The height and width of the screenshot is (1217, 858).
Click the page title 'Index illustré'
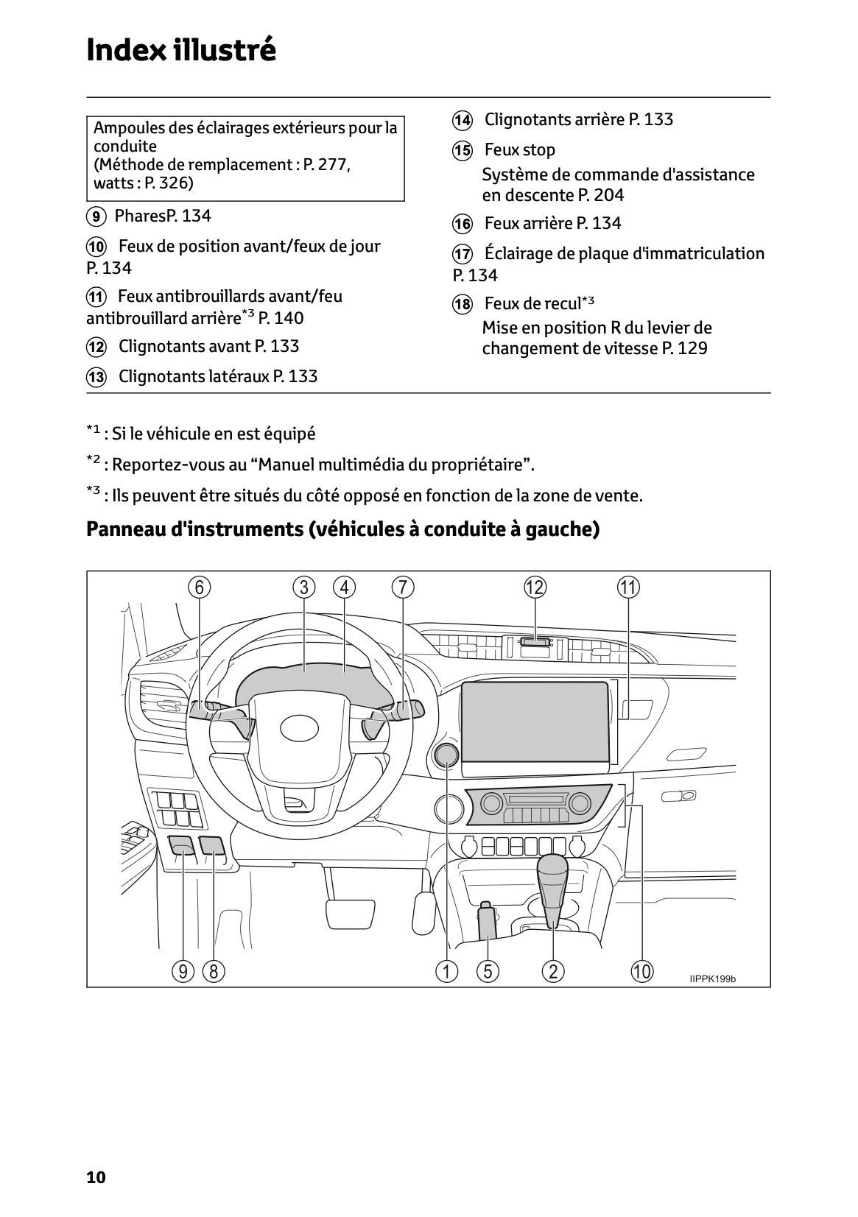181,50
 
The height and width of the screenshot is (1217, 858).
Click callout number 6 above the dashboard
199,588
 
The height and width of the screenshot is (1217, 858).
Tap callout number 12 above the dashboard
535,588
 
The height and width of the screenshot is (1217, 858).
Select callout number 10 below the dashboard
641,971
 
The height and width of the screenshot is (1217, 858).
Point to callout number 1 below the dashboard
446,971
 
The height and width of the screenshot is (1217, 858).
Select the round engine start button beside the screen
446,754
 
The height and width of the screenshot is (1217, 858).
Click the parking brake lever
488,920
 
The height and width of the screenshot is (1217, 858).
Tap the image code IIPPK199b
712,978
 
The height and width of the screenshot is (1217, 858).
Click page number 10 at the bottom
96,1177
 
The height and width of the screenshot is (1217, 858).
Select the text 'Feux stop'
519,150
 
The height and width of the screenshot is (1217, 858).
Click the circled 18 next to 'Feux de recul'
462,304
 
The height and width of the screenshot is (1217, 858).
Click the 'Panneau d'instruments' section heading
342,529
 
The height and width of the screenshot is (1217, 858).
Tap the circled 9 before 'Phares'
96,216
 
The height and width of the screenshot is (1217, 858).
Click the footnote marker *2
93,462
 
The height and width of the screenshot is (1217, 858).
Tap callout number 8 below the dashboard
214,971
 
